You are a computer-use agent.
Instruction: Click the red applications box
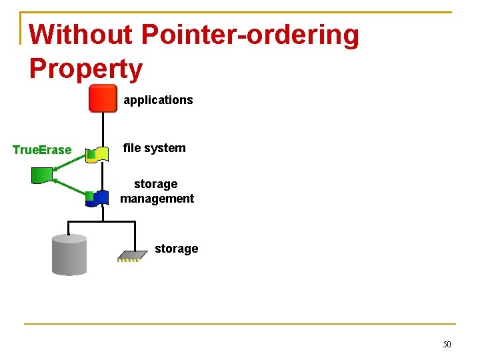point(103,99)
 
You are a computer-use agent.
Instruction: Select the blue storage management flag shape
point(101,198)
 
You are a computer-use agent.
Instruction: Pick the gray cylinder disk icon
point(69,254)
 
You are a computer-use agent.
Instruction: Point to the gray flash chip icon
point(132,255)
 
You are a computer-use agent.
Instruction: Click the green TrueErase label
point(42,150)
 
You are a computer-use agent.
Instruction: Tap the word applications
point(158,100)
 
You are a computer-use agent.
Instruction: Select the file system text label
point(154,148)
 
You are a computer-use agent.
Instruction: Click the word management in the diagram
point(157,199)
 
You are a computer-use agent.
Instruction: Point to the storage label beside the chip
point(176,249)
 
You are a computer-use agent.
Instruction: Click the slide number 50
point(447,345)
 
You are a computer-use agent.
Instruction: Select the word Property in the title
point(86,69)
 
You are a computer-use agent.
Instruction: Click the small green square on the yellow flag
point(91,155)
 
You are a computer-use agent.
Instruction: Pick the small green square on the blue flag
point(89,196)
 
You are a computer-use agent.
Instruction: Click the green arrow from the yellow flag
point(71,162)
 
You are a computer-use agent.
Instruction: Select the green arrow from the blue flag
point(71,188)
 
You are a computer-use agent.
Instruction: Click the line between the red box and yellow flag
point(103,129)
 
